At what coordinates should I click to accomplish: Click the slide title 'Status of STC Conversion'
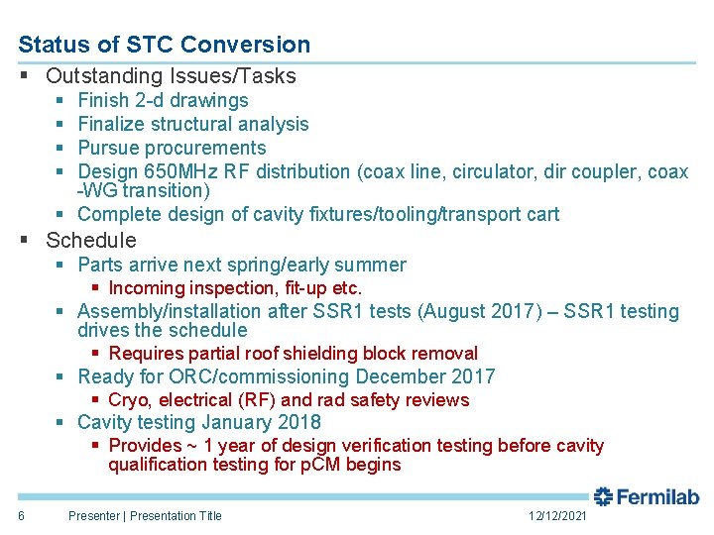(164, 45)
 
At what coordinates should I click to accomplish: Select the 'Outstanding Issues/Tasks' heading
(171, 75)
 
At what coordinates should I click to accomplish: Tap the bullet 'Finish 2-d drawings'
(163, 100)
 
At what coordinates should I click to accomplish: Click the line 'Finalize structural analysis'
(192, 124)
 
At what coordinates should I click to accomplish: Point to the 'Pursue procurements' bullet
(172, 148)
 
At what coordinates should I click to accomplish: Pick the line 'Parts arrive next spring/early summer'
(241, 265)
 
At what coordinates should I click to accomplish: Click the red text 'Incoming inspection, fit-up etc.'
(235, 288)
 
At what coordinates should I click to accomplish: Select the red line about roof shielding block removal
(293, 354)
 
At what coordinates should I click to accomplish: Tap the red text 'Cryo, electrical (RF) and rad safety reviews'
(289, 400)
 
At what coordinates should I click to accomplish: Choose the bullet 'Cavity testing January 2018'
(198, 422)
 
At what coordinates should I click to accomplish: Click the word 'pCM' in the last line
(320, 465)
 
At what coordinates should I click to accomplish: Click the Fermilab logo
(647, 497)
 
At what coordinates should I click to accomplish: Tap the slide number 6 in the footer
(21, 515)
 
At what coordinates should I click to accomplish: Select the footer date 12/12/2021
(557, 516)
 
